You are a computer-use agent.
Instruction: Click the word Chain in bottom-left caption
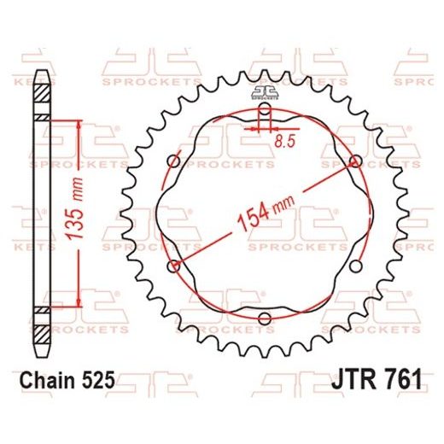tap(49, 377)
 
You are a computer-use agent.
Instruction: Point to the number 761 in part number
tap(399, 377)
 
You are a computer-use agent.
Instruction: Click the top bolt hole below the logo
tap(263, 110)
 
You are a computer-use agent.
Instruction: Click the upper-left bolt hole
tap(173, 162)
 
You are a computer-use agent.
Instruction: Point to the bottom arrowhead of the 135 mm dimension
tap(79, 303)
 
